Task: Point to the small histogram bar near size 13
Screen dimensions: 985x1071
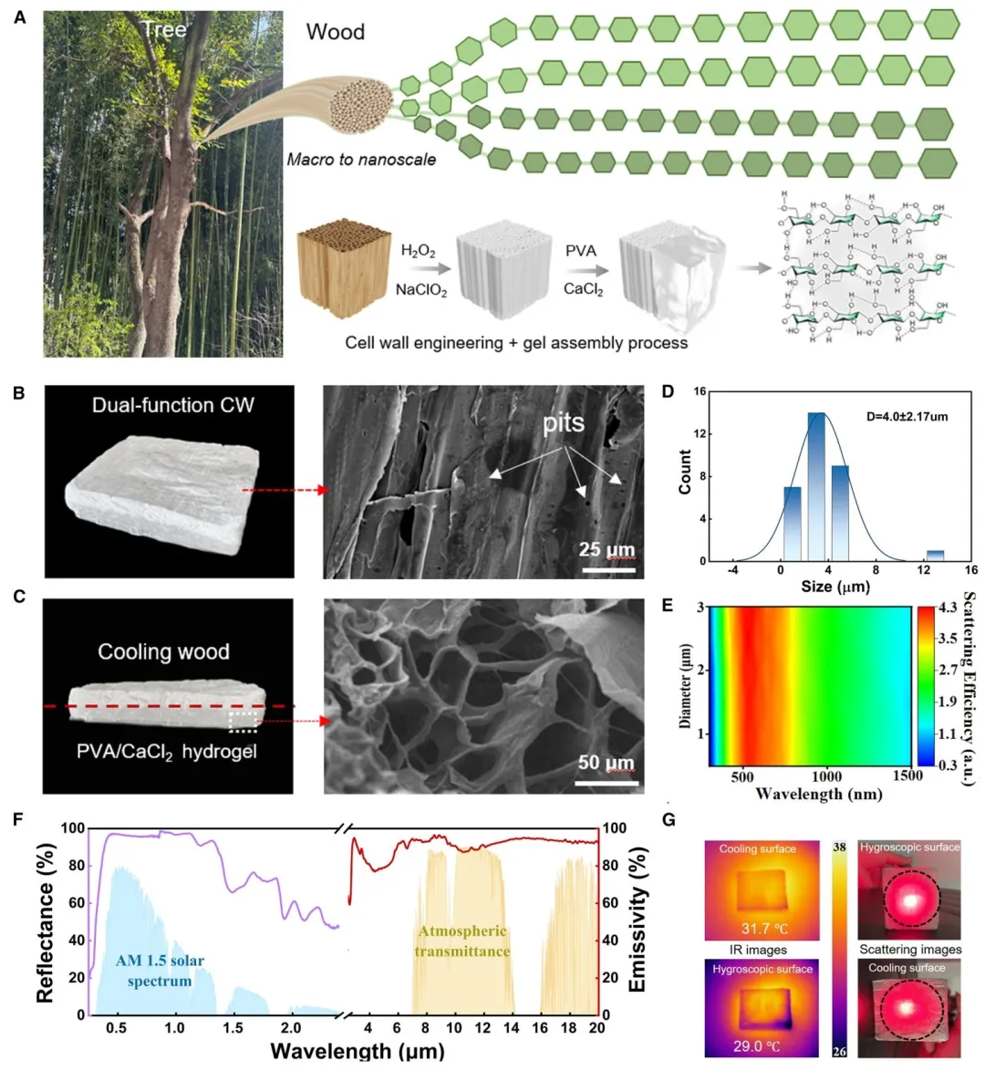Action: (x=935, y=556)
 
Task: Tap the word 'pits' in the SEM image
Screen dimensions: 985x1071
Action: (x=564, y=423)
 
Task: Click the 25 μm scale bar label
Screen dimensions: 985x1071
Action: (x=607, y=550)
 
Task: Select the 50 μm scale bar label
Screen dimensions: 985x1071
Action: (x=606, y=763)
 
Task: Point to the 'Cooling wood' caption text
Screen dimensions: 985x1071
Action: (x=163, y=651)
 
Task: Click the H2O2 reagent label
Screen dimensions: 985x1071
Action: (x=418, y=251)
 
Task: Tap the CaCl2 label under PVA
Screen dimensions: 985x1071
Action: (x=583, y=290)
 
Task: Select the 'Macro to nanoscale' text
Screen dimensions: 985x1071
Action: (x=361, y=160)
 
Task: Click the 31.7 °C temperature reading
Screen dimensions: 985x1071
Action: (x=756, y=930)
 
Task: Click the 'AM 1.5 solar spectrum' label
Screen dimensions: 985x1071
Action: (x=160, y=971)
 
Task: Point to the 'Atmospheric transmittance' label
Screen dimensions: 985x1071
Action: (x=461, y=941)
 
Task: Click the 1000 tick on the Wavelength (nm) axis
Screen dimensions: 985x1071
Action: (x=827, y=776)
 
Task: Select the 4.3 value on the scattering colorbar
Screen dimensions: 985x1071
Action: (x=948, y=607)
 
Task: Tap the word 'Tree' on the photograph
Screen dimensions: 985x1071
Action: (x=164, y=30)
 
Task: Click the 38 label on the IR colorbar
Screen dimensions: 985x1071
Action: (x=839, y=847)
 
